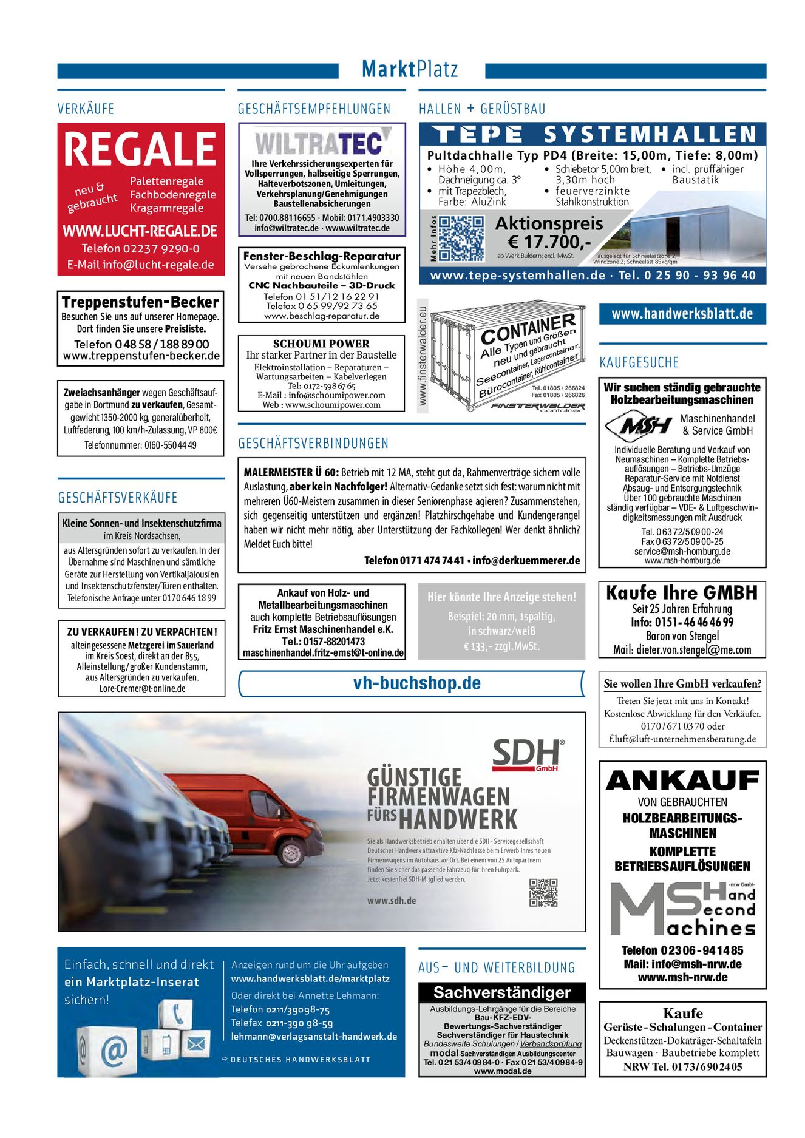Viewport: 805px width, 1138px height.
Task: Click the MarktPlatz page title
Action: click(410, 69)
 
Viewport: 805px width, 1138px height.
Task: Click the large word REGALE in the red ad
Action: click(140, 149)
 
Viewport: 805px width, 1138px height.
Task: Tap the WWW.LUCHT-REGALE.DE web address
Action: click(140, 231)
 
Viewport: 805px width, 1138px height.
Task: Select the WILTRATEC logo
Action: click(322, 142)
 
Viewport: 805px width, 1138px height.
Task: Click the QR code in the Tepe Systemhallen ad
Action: click(461, 239)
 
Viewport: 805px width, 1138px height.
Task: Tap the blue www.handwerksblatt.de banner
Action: click(682, 314)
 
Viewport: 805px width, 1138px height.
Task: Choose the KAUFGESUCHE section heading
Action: click(639, 362)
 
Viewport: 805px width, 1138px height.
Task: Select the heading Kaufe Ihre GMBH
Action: click(682, 592)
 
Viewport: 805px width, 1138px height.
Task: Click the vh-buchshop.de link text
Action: click(416, 683)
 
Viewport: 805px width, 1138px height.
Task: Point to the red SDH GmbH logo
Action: click(527, 756)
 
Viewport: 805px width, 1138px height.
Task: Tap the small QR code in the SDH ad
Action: click(543, 892)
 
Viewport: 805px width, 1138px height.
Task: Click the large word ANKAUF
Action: click(682, 781)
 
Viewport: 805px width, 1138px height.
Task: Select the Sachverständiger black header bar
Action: click(501, 992)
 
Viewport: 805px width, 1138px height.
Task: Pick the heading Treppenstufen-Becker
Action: click(140, 302)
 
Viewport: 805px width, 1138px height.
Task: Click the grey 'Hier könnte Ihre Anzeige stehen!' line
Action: click(501, 597)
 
